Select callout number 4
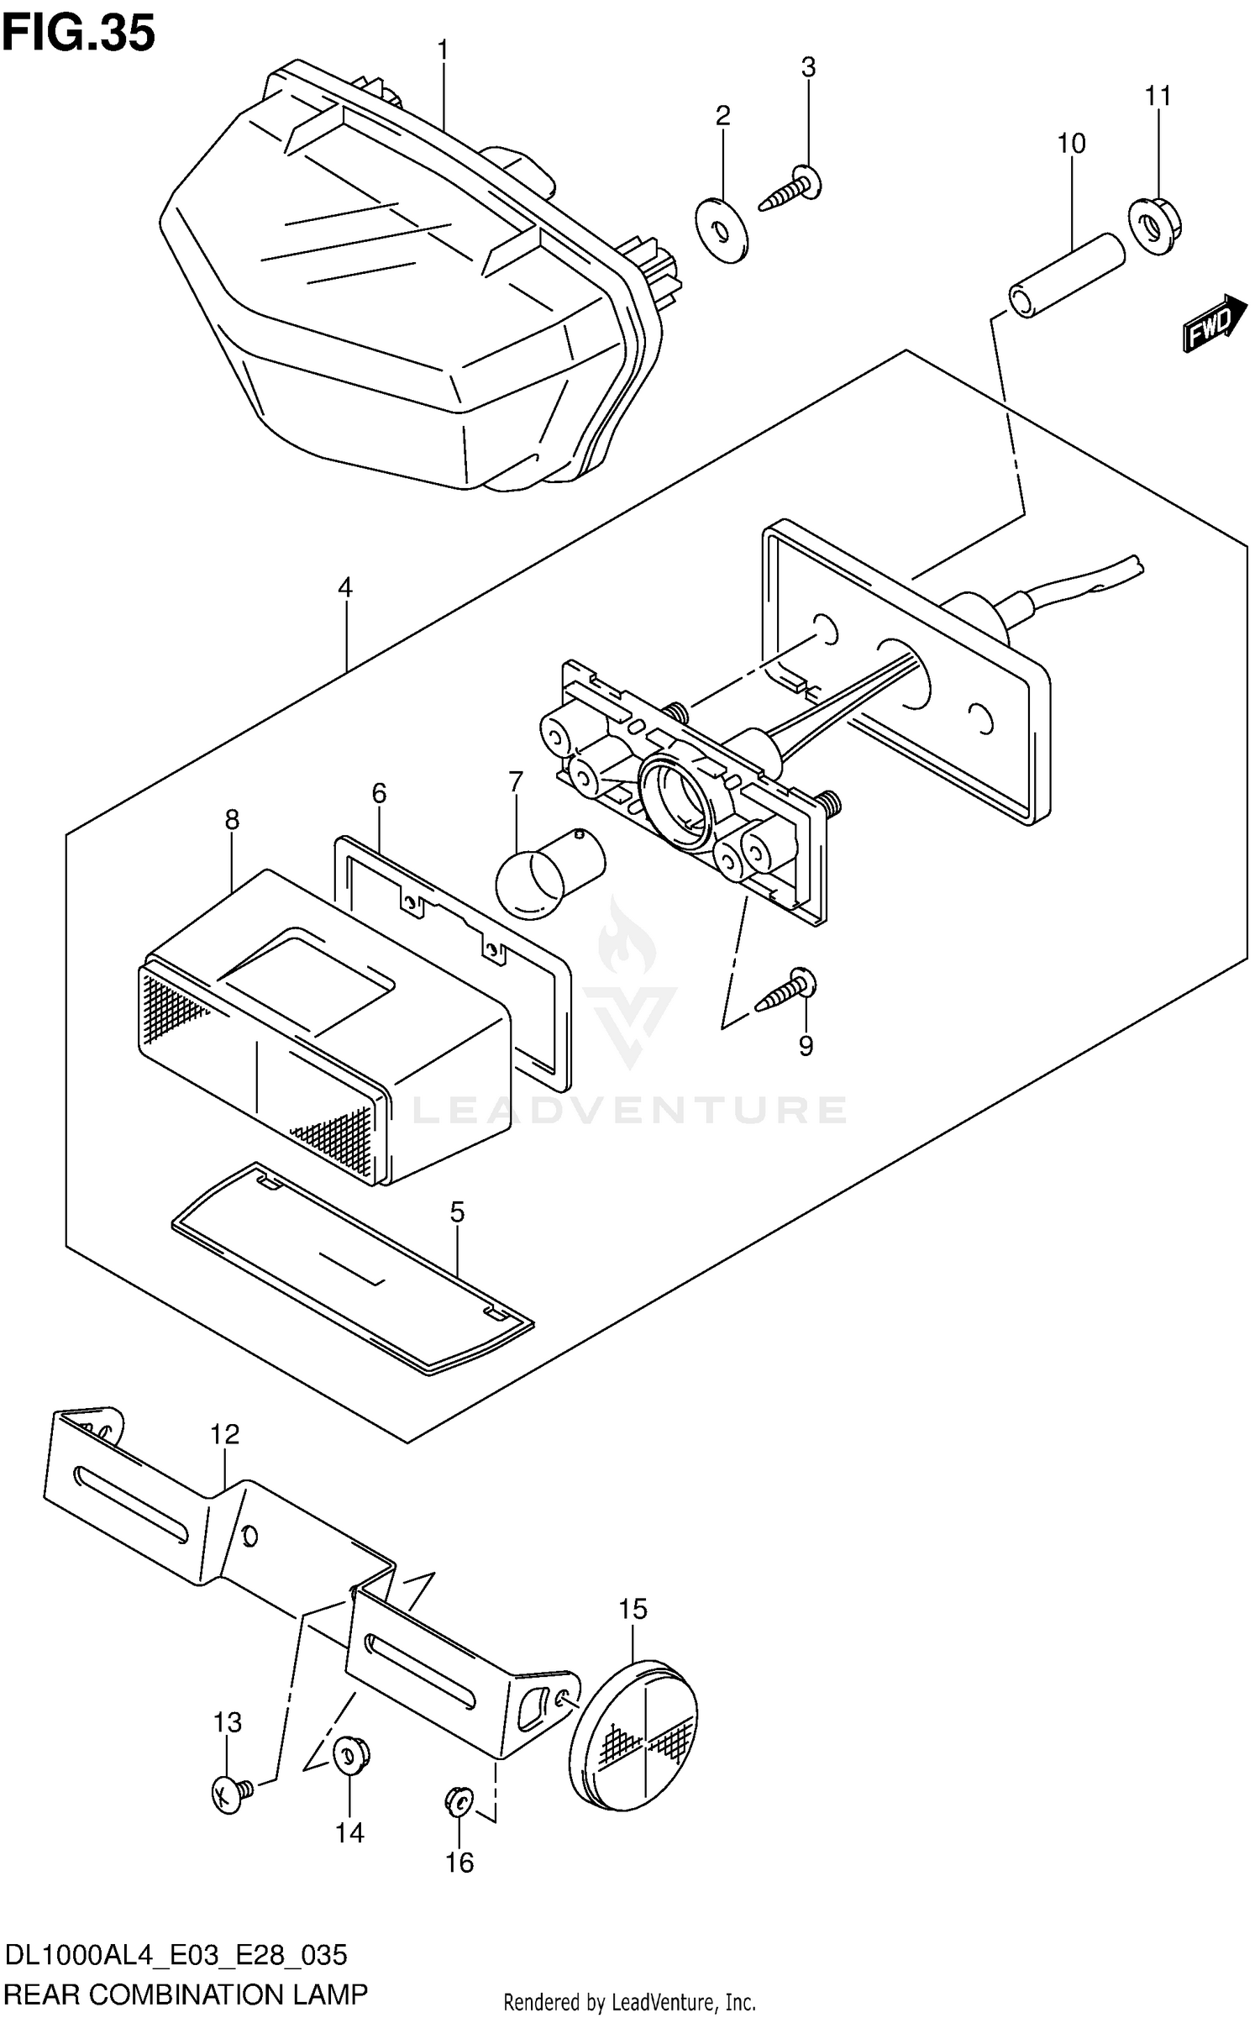(344, 587)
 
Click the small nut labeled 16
(459, 1801)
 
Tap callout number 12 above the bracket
(225, 1434)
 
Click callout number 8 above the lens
(232, 819)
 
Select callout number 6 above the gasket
(379, 792)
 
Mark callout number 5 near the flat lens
(457, 1212)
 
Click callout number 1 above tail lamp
(443, 51)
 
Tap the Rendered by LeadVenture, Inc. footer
(629, 2002)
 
